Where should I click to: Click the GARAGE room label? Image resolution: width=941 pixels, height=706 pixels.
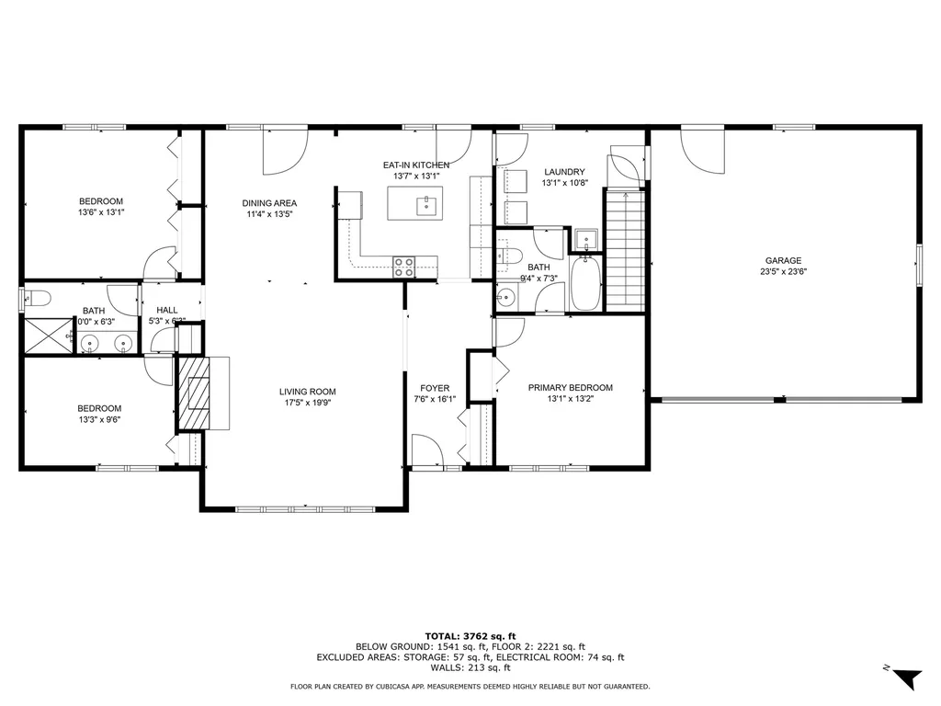click(784, 260)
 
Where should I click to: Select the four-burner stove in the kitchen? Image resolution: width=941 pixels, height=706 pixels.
click(403, 267)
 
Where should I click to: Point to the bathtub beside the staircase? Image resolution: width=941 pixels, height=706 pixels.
click(585, 285)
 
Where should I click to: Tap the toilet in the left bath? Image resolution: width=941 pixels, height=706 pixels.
click(35, 297)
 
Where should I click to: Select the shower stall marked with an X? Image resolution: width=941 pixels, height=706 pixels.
click(47, 336)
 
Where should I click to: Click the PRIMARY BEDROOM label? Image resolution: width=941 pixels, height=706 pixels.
click(570, 388)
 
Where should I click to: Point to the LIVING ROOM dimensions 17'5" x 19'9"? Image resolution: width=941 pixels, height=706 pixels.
click(307, 402)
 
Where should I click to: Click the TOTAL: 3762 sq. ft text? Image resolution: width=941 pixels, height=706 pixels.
click(470, 635)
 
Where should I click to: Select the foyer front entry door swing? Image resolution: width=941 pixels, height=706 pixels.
click(426, 451)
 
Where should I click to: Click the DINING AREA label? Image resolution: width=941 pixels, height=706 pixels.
click(269, 203)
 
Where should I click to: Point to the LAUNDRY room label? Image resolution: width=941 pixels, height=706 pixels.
click(564, 172)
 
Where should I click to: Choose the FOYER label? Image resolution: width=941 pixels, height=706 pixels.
click(435, 388)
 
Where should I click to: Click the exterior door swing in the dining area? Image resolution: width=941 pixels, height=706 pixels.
click(284, 152)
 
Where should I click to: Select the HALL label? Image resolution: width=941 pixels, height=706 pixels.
click(166, 310)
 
